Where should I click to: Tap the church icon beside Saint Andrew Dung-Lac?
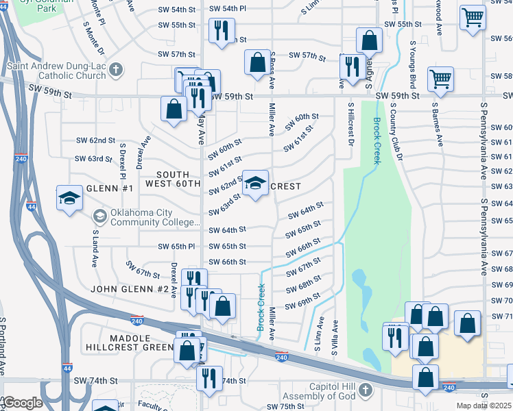pyautogui.click(x=116, y=69)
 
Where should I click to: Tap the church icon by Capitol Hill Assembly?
pyautogui.click(x=366, y=390)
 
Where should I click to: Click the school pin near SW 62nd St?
pyautogui.click(x=256, y=183)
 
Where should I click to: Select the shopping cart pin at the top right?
pyautogui.click(x=473, y=18)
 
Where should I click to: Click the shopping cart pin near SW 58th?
pyautogui.click(x=440, y=78)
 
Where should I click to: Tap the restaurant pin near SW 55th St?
pyautogui.click(x=222, y=31)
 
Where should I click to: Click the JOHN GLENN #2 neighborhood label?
pyautogui.click(x=130, y=290)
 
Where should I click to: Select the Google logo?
pyautogui.click(x=22, y=403)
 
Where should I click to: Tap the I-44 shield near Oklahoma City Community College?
pyautogui.click(x=31, y=206)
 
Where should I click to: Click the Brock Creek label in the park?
pyautogui.click(x=377, y=140)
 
